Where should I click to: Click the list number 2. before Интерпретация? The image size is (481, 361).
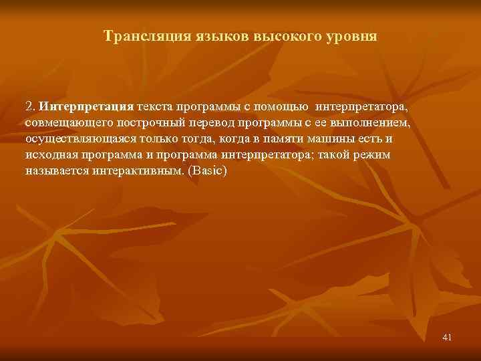30,106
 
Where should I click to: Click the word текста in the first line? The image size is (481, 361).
158,106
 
